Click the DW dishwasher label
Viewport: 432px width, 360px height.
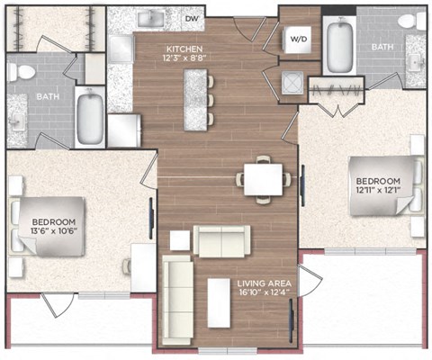click(192, 19)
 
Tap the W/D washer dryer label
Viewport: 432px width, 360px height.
click(299, 40)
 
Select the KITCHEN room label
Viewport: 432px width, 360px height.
click(184, 49)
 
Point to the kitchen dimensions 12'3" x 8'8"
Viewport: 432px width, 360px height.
click(184, 58)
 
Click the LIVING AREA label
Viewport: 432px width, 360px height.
click(264, 283)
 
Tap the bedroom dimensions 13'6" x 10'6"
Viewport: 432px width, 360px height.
click(54, 231)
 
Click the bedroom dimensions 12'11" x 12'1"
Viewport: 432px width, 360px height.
click(378, 190)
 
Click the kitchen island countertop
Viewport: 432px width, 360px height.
click(195, 100)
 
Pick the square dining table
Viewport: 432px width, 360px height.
click(263, 179)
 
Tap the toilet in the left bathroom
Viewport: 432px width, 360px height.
click(21, 72)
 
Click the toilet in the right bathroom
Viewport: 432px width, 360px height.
click(410, 21)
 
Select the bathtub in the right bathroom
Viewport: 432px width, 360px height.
click(339, 44)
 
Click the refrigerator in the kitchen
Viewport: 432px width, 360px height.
click(124, 130)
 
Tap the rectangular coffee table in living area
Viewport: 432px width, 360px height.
click(219, 303)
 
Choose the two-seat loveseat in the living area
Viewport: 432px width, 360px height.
click(221, 241)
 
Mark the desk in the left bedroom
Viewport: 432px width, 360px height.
click(143, 267)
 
